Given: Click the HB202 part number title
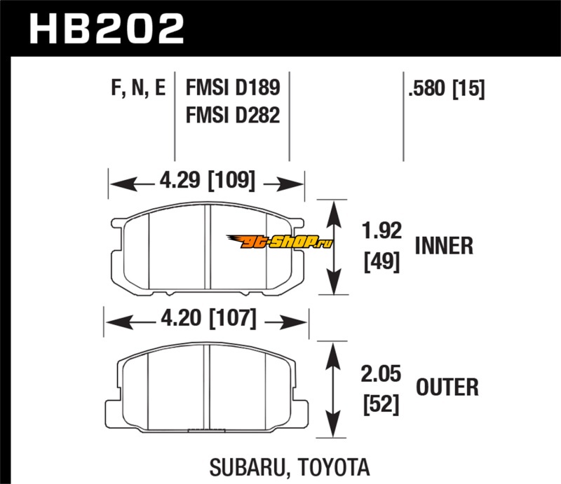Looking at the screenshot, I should coord(105,29).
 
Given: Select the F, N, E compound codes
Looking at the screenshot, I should coord(137,89).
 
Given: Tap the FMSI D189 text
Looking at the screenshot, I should coord(232,89).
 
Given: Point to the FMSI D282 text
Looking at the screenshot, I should coord(232,114).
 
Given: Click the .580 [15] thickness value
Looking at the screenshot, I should coord(445,89).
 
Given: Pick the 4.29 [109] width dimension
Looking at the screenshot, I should coord(206,184).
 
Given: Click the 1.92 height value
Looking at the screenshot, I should coord(383,230).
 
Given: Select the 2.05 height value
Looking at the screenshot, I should coord(381,374).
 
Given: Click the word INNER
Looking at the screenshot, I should coord(443,246).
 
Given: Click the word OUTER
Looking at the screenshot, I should coord(447,387).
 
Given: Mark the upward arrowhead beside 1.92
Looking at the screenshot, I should coord(334,209).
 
